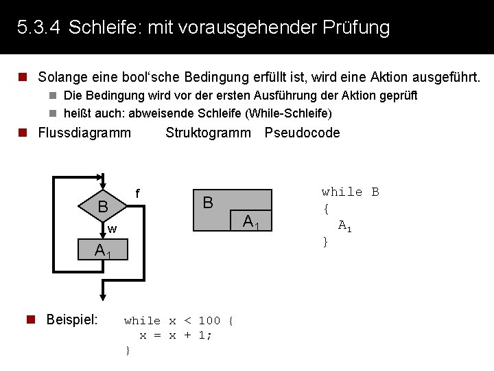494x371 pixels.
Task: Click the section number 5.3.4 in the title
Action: click(x=38, y=28)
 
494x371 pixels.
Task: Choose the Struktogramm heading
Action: click(x=208, y=133)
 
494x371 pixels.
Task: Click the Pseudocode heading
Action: click(x=302, y=133)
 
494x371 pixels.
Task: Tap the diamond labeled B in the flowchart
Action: click(x=102, y=206)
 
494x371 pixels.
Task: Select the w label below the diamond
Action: click(x=112, y=229)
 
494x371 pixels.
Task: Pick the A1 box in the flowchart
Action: click(x=103, y=251)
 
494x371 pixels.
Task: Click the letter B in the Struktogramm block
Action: click(x=208, y=202)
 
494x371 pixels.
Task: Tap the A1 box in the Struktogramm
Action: click(x=250, y=221)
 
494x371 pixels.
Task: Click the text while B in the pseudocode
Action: click(x=350, y=192)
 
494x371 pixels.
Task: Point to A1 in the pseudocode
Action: click(x=344, y=225)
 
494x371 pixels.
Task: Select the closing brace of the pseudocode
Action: click(x=326, y=242)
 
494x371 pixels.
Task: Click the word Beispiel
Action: click(x=71, y=319)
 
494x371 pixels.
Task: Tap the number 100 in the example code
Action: click(x=209, y=321)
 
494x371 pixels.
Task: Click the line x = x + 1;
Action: click(x=176, y=335)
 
